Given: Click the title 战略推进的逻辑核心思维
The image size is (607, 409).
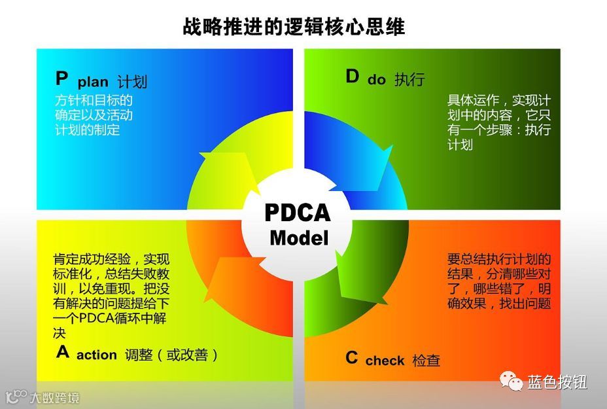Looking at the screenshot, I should [294, 27].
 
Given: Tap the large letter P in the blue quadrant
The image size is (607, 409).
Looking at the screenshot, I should [61, 79].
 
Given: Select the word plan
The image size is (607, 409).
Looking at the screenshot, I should [93, 82].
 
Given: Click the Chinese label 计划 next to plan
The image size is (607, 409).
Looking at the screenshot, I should [132, 82].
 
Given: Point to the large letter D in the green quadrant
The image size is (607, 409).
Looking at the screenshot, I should [353, 77].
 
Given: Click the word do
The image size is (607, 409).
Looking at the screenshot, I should [377, 80].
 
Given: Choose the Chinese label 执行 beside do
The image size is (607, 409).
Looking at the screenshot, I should [409, 80].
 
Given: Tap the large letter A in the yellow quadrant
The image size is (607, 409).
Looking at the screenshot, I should [63, 353].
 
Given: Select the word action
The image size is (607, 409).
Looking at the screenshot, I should [97, 355].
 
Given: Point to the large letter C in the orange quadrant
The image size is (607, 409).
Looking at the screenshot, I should [352, 358].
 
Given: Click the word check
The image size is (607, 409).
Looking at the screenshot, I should [385, 361].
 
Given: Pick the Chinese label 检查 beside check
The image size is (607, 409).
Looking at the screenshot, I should [426, 360].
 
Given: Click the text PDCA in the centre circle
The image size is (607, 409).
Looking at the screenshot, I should [298, 213].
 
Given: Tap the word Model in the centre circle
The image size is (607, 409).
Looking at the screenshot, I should [299, 238].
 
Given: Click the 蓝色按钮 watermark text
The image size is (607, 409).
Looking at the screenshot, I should [557, 382].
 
